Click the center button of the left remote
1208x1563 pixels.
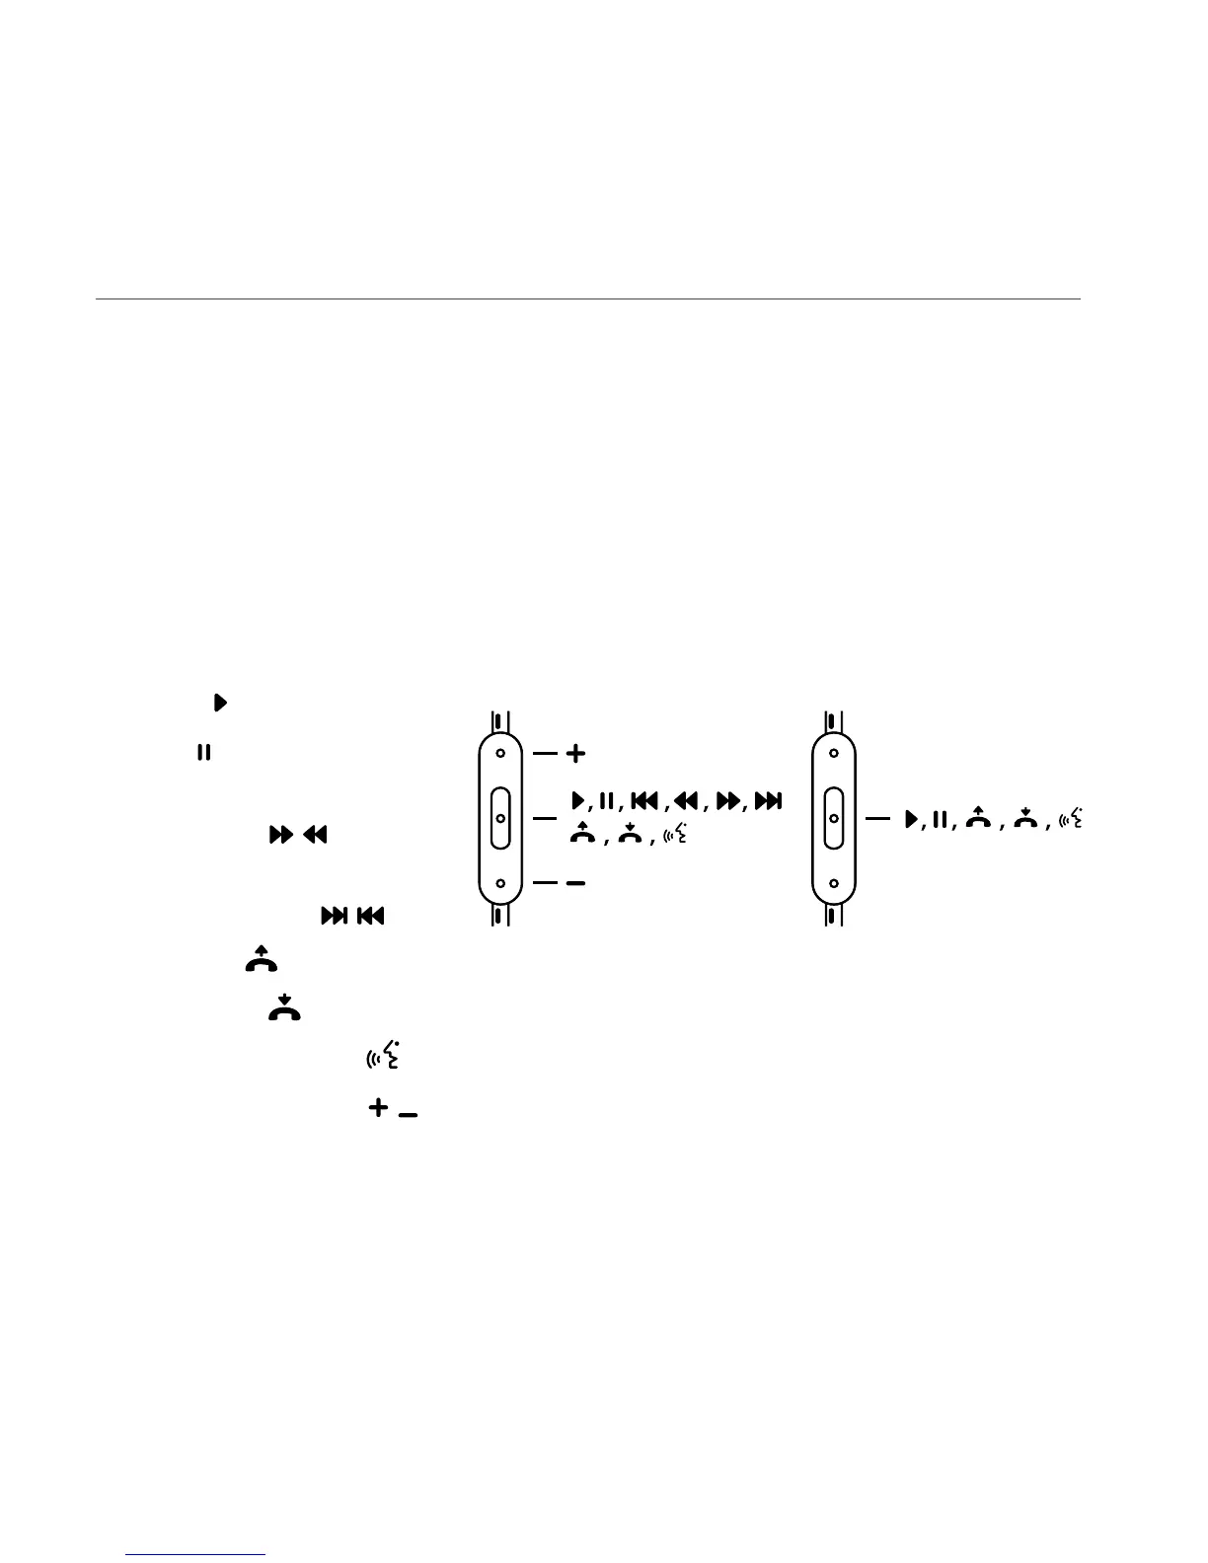(500, 818)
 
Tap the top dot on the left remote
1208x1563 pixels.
(500, 754)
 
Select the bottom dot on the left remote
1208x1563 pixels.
(500, 883)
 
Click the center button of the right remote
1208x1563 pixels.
(834, 818)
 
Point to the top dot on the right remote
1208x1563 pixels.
(834, 754)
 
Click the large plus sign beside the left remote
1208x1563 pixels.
(574, 754)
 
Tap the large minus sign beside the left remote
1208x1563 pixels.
(575, 883)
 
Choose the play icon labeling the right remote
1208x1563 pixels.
(911, 818)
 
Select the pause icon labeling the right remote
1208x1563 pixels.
(940, 818)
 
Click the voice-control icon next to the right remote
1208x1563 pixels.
(1071, 818)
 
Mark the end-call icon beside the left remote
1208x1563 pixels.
(629, 834)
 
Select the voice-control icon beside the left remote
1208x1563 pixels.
(676, 835)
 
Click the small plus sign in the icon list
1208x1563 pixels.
(377, 1108)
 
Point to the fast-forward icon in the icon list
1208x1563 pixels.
(281, 835)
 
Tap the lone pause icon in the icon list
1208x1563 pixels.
(202, 753)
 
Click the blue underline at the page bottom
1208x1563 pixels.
(196, 1555)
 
